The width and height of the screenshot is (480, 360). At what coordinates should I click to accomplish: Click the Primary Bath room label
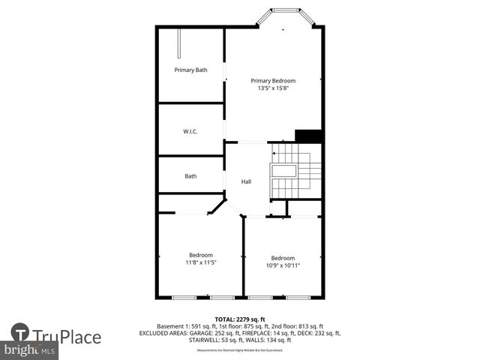(190, 70)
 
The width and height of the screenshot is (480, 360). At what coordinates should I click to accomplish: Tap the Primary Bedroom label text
(273, 81)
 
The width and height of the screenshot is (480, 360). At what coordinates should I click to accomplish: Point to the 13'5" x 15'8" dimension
(273, 88)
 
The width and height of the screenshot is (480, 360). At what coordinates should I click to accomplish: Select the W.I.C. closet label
(190, 131)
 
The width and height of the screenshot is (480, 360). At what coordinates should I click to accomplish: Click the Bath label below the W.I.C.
(190, 176)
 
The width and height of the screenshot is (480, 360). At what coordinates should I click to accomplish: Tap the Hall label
(246, 181)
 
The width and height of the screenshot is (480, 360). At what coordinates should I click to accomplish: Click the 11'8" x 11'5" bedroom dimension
(201, 262)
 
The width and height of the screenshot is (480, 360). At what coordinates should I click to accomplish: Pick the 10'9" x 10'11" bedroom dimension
(283, 265)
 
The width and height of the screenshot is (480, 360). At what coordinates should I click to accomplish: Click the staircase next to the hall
(296, 172)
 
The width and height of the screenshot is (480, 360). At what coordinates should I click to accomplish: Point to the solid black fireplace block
(308, 136)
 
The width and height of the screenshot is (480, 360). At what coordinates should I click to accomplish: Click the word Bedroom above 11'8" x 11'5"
(201, 255)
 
